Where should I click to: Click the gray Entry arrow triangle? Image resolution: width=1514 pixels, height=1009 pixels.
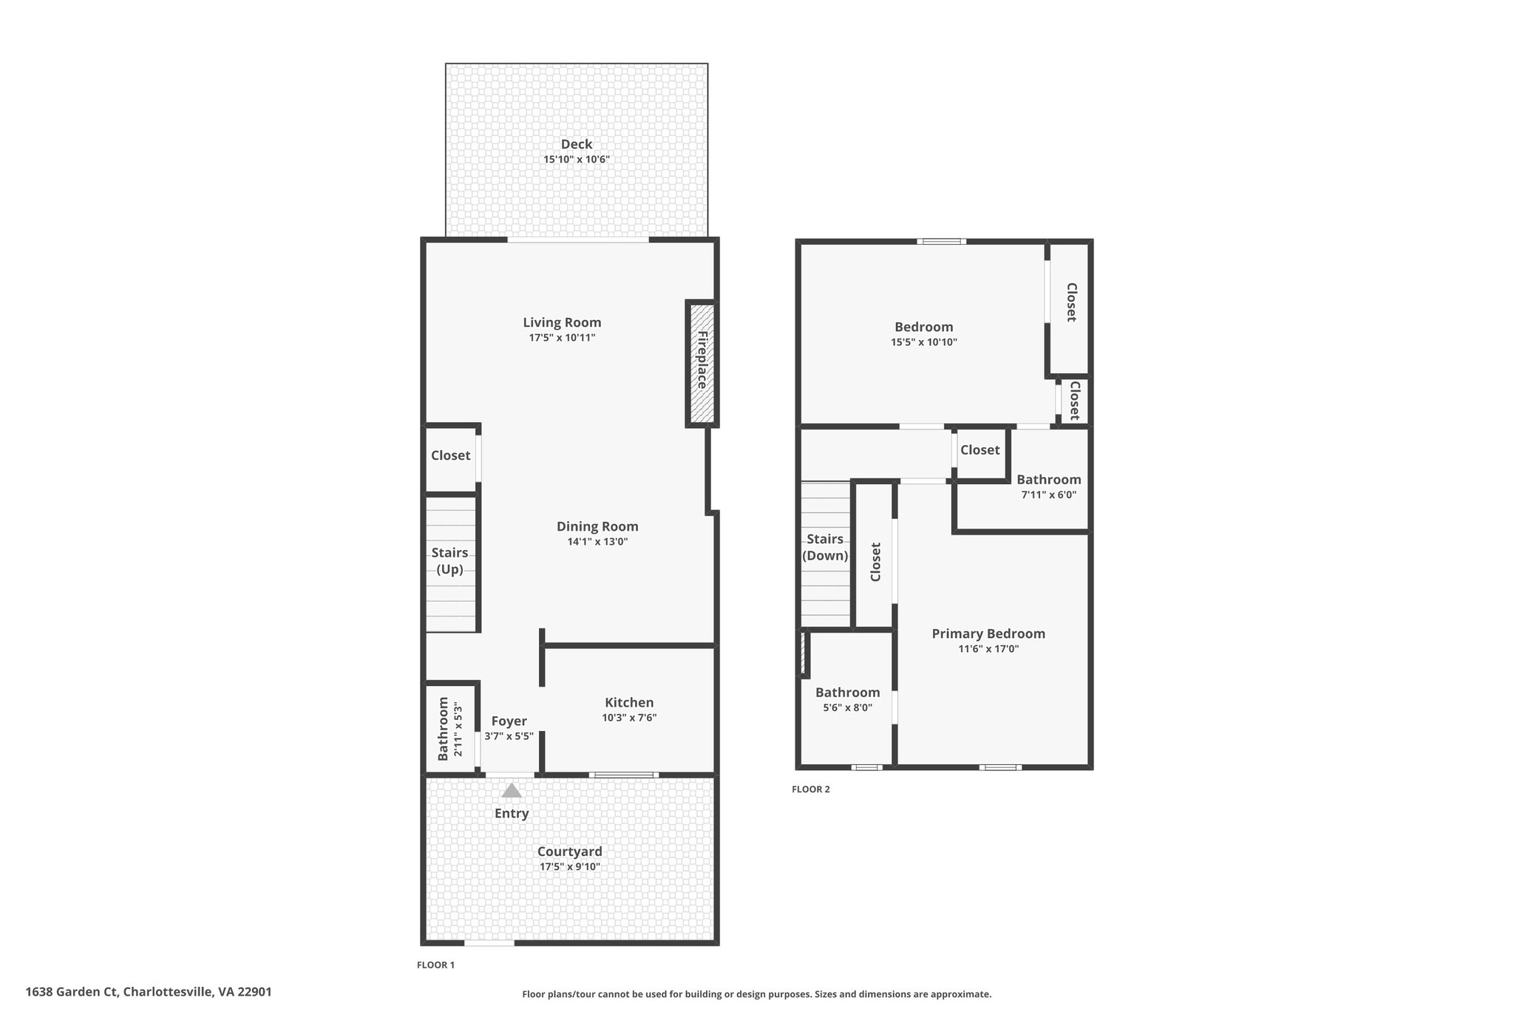(512, 791)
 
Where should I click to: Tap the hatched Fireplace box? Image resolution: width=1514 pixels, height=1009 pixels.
(702, 363)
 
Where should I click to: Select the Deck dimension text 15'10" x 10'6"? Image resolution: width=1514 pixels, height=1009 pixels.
(577, 159)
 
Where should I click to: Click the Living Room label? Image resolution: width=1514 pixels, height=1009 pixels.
(562, 322)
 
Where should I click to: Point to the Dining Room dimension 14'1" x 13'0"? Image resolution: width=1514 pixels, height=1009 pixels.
(597, 541)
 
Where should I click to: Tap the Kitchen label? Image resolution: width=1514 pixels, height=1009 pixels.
(629, 702)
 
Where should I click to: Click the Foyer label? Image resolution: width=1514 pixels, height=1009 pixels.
(509, 721)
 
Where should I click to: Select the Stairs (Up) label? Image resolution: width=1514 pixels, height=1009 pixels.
(449, 560)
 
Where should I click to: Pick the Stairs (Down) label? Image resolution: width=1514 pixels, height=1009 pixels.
(825, 547)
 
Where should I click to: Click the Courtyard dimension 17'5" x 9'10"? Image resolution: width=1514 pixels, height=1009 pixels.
(569, 866)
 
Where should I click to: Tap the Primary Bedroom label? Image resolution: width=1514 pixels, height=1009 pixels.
(988, 633)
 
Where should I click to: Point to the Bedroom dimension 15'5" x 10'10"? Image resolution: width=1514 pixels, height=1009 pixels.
(924, 342)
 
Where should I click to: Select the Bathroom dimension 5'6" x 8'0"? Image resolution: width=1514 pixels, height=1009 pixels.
(848, 707)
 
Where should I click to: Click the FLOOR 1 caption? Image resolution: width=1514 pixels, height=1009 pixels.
(436, 965)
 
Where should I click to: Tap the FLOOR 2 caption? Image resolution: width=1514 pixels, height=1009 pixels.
(811, 789)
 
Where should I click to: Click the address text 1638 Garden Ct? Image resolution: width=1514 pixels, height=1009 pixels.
(72, 992)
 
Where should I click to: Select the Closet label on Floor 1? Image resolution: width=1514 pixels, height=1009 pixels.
(451, 455)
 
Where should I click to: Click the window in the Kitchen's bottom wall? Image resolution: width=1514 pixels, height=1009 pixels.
(623, 775)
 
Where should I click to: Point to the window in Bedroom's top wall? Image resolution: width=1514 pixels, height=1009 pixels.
(942, 241)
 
